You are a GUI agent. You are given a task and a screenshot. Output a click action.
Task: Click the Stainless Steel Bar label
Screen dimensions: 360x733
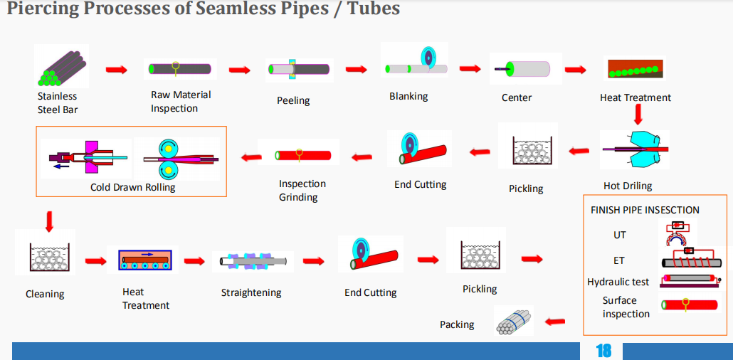point(57,102)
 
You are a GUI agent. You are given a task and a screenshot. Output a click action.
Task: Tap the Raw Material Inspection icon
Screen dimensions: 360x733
point(181,69)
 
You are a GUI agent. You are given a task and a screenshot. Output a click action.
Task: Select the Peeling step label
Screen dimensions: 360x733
point(293,100)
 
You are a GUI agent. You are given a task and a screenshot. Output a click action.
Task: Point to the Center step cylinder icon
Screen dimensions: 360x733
point(524,69)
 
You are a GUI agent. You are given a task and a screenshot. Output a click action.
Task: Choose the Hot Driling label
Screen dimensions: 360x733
point(628,186)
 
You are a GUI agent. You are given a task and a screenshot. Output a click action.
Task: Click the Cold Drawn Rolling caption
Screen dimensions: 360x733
point(132,188)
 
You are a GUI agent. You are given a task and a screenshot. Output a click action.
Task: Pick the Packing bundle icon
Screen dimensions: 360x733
point(513,321)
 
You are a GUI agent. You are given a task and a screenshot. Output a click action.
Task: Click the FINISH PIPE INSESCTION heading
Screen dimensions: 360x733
point(645,210)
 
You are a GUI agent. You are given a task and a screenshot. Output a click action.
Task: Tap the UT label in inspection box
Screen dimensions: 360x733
point(619,235)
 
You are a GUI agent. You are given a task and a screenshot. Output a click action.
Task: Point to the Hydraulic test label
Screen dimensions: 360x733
point(618,282)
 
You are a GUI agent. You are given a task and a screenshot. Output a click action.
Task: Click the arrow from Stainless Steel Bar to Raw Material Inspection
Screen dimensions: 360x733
point(117,70)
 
